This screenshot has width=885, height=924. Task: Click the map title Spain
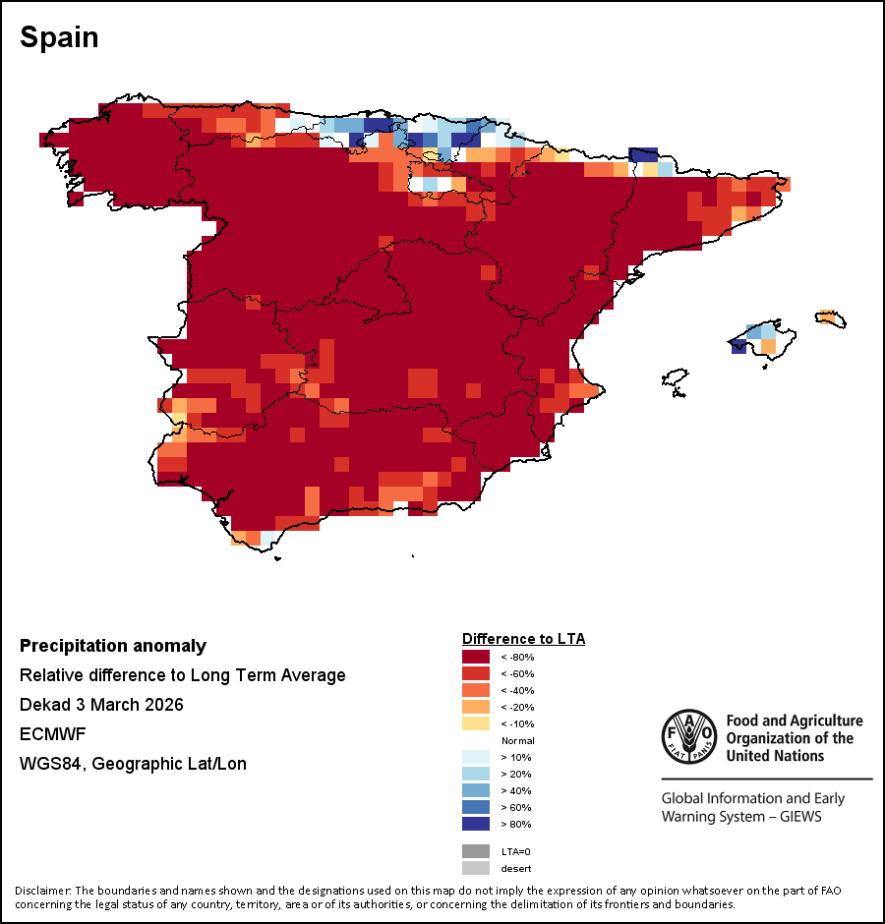(x=59, y=37)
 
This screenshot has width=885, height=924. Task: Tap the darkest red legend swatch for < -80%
(x=476, y=657)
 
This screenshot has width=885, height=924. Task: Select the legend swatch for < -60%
(x=476, y=673)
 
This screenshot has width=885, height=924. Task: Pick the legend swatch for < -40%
(x=476, y=690)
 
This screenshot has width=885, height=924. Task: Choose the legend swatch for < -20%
(x=476, y=707)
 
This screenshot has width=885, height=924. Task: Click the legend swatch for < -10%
(x=476, y=723)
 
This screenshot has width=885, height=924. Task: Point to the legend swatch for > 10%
(x=476, y=757)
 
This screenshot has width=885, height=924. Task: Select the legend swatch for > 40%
(x=476, y=790)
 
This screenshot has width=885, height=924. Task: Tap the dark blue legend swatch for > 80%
(x=476, y=824)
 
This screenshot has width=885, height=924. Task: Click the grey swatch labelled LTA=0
(x=476, y=851)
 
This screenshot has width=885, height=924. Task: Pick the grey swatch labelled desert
(x=476, y=868)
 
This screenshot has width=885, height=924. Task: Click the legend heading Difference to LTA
(x=523, y=639)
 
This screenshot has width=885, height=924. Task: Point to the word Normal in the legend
(x=517, y=740)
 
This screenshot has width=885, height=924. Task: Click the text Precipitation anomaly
(x=113, y=646)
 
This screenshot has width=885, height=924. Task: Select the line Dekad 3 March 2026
(x=101, y=705)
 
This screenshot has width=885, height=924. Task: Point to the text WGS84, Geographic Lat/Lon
(x=133, y=764)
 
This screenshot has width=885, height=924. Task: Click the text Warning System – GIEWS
(x=740, y=817)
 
